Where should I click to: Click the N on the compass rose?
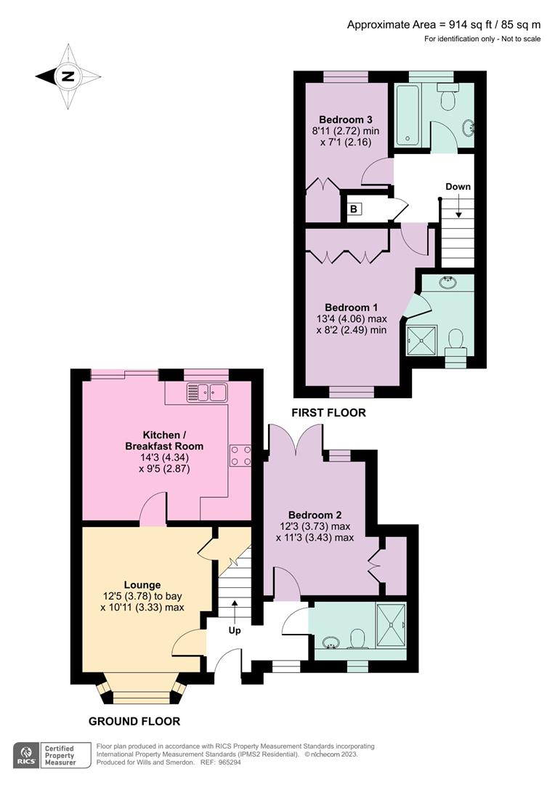68,76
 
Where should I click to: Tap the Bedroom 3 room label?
345,120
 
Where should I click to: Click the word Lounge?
142,584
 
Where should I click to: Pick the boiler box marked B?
354,209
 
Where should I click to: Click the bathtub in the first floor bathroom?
406,115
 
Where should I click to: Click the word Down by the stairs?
458,187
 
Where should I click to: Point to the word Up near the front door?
235,630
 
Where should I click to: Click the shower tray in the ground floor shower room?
392,623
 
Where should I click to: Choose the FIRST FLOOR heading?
328,413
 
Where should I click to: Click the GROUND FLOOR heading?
134,721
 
